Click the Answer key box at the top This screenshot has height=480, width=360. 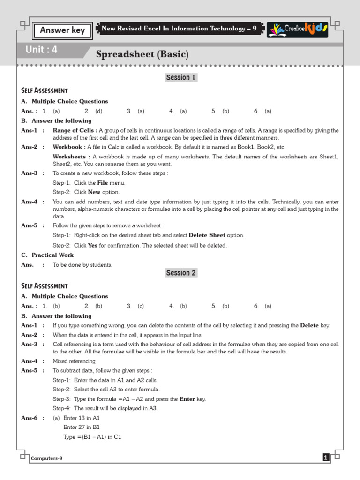click(x=62, y=30)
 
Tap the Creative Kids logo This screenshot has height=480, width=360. click(x=298, y=29)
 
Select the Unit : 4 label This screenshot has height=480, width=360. click(x=41, y=50)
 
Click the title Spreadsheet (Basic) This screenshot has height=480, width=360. click(x=142, y=54)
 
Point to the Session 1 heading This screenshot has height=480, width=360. click(x=181, y=77)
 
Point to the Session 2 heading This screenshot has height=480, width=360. click(x=181, y=273)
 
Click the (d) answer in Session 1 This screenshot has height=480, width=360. click(x=98, y=111)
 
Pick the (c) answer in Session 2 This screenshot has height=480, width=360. click(x=141, y=306)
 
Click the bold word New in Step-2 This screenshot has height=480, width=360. click(x=94, y=192)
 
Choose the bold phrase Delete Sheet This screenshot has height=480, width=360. click(x=207, y=235)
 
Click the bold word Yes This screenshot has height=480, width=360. click(x=92, y=245)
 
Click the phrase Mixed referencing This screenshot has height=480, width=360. click(x=74, y=361)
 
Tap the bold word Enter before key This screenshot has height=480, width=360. click(x=187, y=399)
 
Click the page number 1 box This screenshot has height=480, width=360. click(x=326, y=458)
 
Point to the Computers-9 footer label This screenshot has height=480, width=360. click(x=47, y=458)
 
